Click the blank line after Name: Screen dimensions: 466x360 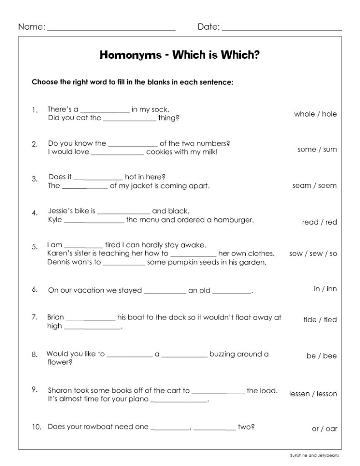(x=111, y=29)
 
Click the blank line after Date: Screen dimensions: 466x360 (x=282, y=29)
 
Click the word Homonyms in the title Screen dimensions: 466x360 (x=128, y=56)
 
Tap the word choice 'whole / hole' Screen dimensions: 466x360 (x=315, y=114)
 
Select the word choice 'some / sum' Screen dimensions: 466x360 (x=317, y=150)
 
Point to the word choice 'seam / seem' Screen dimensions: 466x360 (x=314, y=186)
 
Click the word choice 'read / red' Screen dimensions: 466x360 (x=319, y=223)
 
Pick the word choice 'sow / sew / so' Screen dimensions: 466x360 (x=313, y=253)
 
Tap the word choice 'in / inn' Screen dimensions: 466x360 (x=325, y=289)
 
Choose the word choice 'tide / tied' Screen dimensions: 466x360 (x=320, y=320)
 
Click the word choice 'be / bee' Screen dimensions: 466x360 (x=321, y=356)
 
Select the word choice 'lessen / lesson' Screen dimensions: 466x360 (x=313, y=394)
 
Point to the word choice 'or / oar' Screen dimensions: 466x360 (x=324, y=429)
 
